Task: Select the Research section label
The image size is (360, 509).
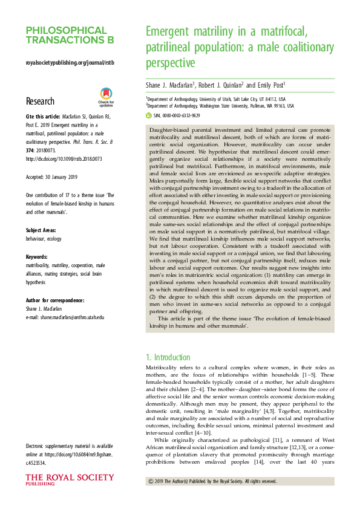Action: (x=40, y=102)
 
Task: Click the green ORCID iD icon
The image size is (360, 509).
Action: (x=149, y=114)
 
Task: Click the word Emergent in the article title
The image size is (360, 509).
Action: (x=174, y=31)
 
